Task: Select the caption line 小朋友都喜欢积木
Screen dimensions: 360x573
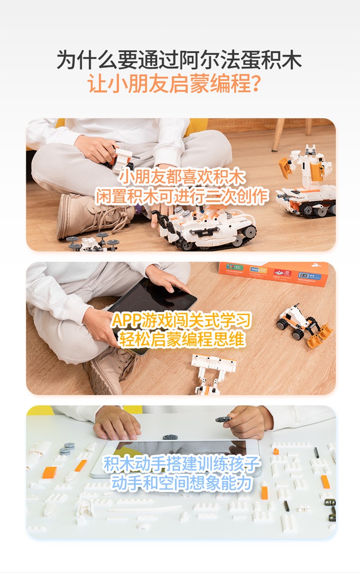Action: tap(181, 177)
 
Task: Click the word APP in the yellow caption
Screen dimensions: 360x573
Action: tap(126, 320)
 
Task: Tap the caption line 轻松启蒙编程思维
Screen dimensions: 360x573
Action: tap(181, 339)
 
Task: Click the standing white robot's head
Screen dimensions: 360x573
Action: tap(310, 150)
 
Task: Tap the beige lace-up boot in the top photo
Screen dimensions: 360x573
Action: tap(92, 215)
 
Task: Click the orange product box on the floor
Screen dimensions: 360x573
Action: tap(274, 274)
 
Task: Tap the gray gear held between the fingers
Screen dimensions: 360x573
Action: tap(223, 419)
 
